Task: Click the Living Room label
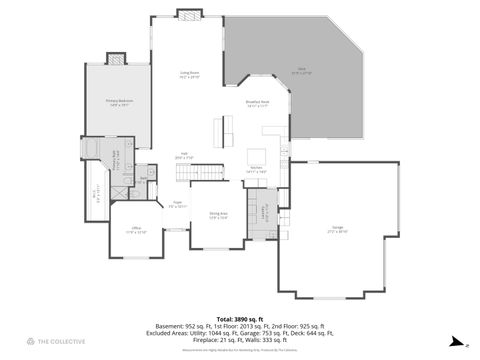190,74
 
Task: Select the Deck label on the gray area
300,71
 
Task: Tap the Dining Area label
218,215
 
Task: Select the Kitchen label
255,171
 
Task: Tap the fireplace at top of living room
189,14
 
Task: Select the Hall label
184,156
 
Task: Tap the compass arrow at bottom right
453,340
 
